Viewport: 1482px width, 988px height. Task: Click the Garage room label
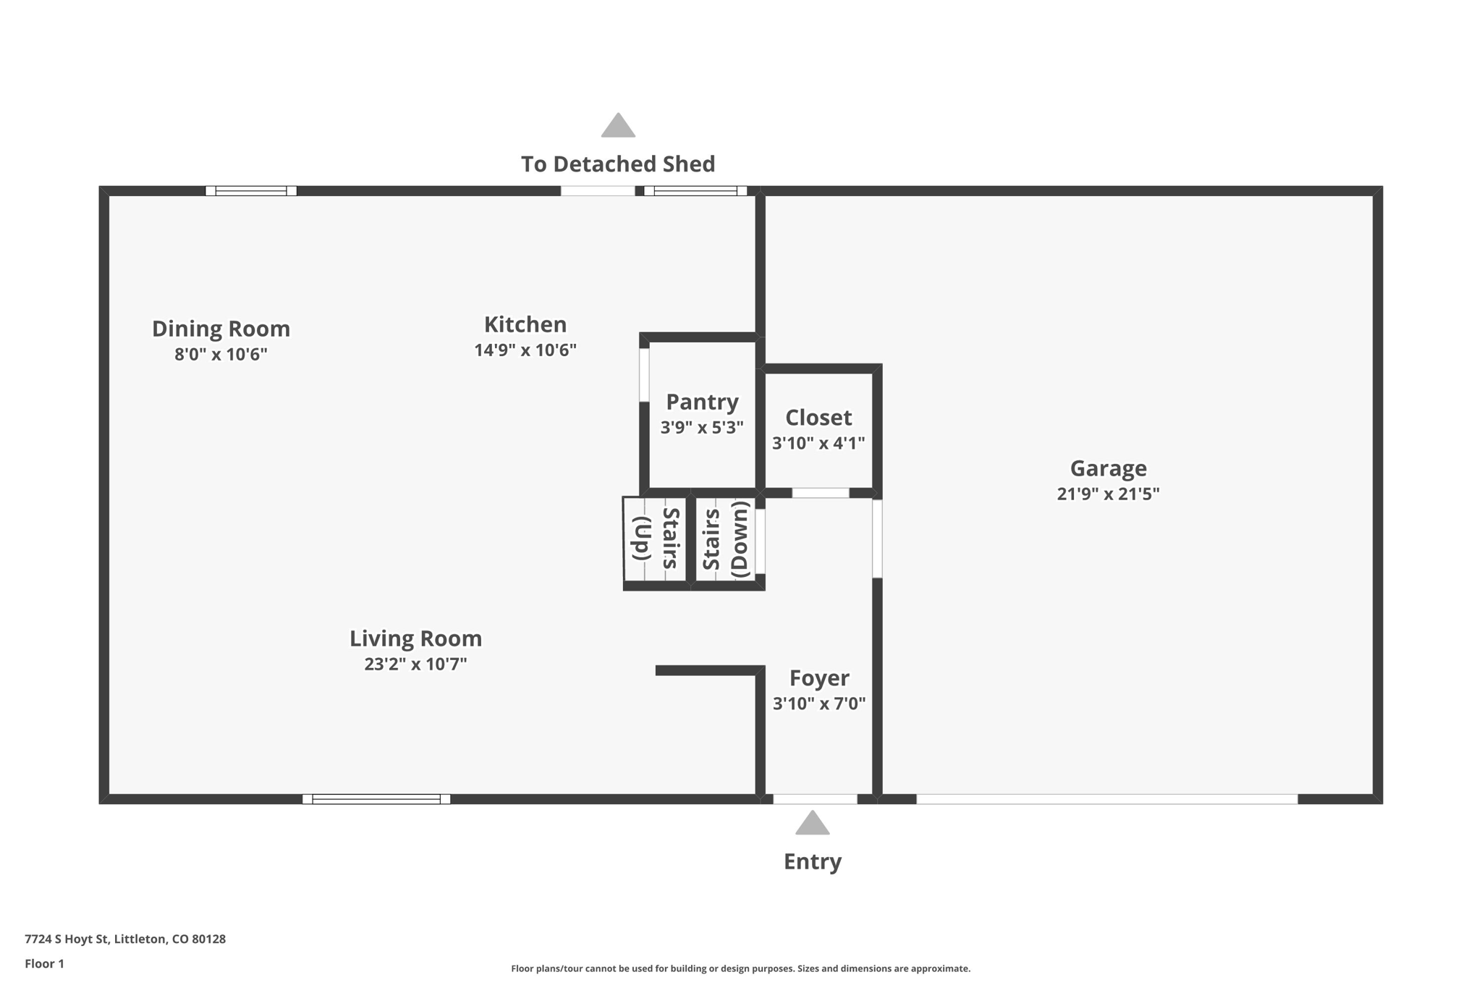[1108, 468]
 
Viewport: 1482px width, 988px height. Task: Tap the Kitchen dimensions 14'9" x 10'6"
[525, 350]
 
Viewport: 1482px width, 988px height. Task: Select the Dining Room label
[221, 329]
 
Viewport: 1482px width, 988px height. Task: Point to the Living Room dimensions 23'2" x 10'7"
[415, 664]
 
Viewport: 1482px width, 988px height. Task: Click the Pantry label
[702, 402]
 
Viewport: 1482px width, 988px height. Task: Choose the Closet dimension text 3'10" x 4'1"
[818, 443]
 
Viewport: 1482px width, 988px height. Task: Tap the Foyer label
[819, 678]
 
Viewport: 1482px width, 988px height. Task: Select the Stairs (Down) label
[724, 539]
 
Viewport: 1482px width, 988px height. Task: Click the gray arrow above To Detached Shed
[618, 125]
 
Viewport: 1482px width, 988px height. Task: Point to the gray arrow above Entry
[812, 822]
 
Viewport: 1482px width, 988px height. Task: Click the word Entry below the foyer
[813, 861]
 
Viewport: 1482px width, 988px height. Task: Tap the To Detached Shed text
[618, 164]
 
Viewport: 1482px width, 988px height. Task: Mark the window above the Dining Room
[251, 191]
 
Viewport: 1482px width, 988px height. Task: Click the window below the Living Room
[376, 799]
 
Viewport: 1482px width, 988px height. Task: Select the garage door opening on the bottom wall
[1107, 799]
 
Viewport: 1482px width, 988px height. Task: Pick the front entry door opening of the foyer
[816, 799]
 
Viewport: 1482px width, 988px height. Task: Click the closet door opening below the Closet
[820, 493]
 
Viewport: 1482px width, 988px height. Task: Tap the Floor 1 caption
[44, 963]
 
